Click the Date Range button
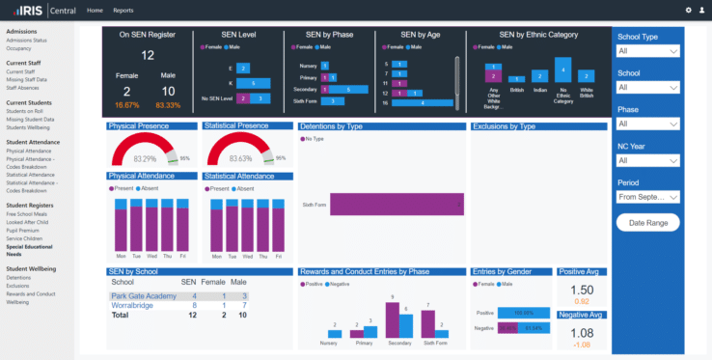[648, 223]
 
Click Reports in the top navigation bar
[123, 10]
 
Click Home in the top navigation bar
[95, 10]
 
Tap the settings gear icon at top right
[689, 10]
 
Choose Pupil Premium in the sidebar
[22, 231]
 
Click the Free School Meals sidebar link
[28, 214]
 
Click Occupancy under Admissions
[19, 47]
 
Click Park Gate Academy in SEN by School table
[143, 296]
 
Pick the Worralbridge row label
[132, 305]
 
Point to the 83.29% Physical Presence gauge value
[145, 158]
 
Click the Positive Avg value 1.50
[582, 290]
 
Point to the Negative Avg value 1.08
[582, 333]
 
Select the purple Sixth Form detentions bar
[381, 205]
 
